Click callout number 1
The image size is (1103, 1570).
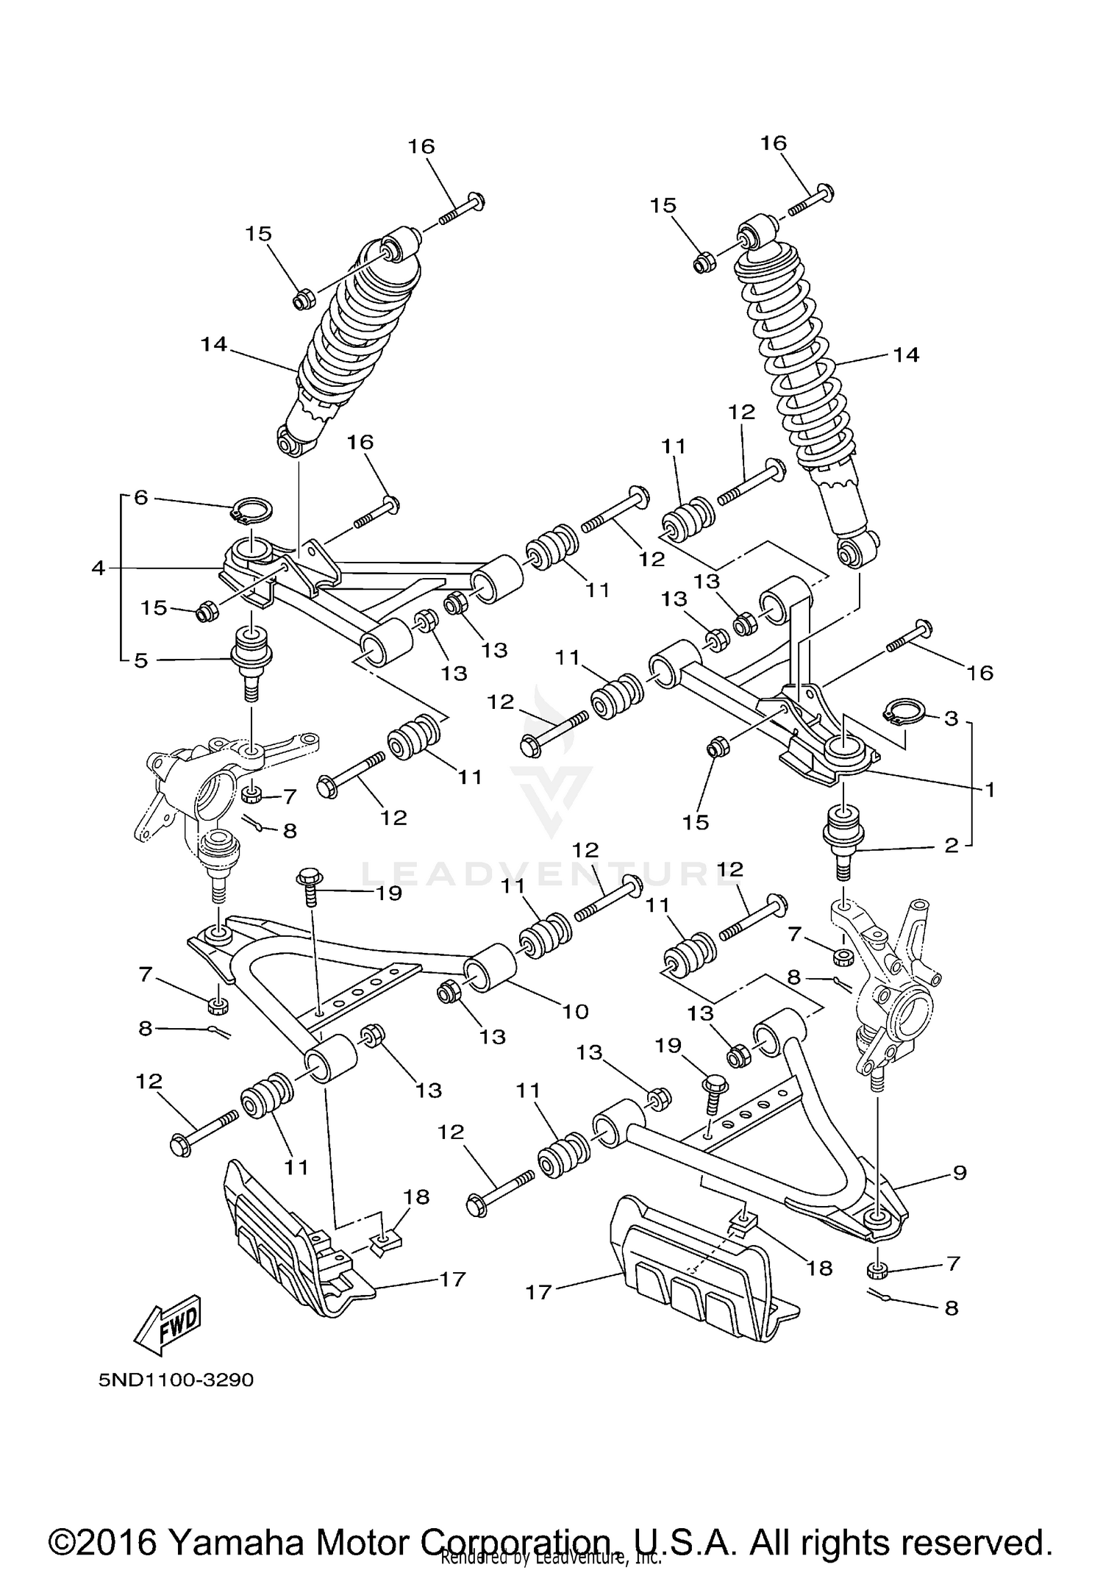(x=990, y=790)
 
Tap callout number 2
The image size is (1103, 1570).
(x=952, y=846)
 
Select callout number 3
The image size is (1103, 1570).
(x=952, y=718)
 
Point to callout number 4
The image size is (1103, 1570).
(x=99, y=568)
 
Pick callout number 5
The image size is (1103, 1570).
(x=140, y=660)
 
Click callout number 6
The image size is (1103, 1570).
(x=140, y=498)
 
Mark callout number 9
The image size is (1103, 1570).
(x=960, y=1174)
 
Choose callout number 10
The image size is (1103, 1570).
(x=576, y=1012)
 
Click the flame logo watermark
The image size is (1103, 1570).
(x=551, y=765)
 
